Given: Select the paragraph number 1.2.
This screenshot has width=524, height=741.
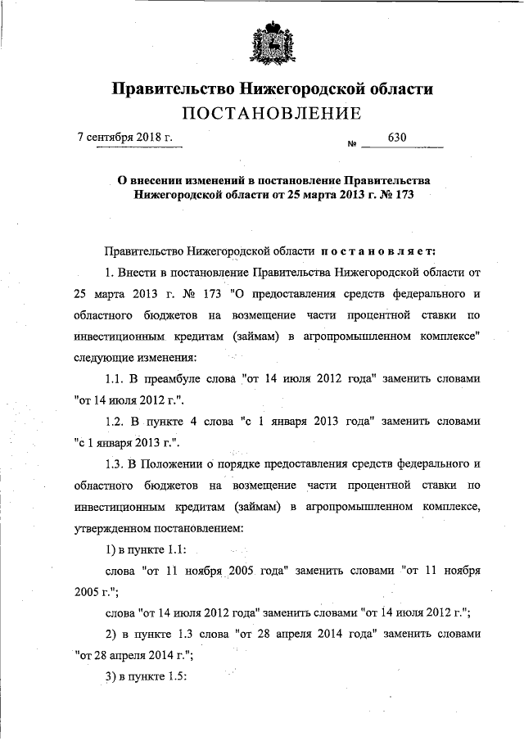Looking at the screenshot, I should [115, 422].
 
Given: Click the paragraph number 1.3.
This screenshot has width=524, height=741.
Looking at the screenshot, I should [115, 464].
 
